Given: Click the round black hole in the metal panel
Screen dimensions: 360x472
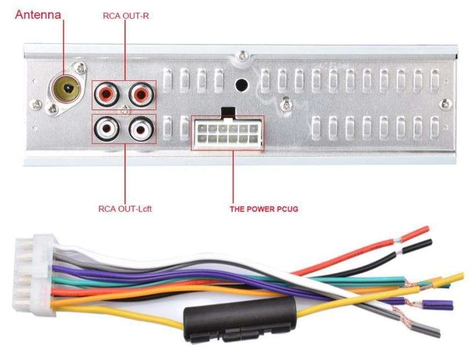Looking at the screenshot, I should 241,85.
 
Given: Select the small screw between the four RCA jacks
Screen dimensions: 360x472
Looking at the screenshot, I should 124,110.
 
